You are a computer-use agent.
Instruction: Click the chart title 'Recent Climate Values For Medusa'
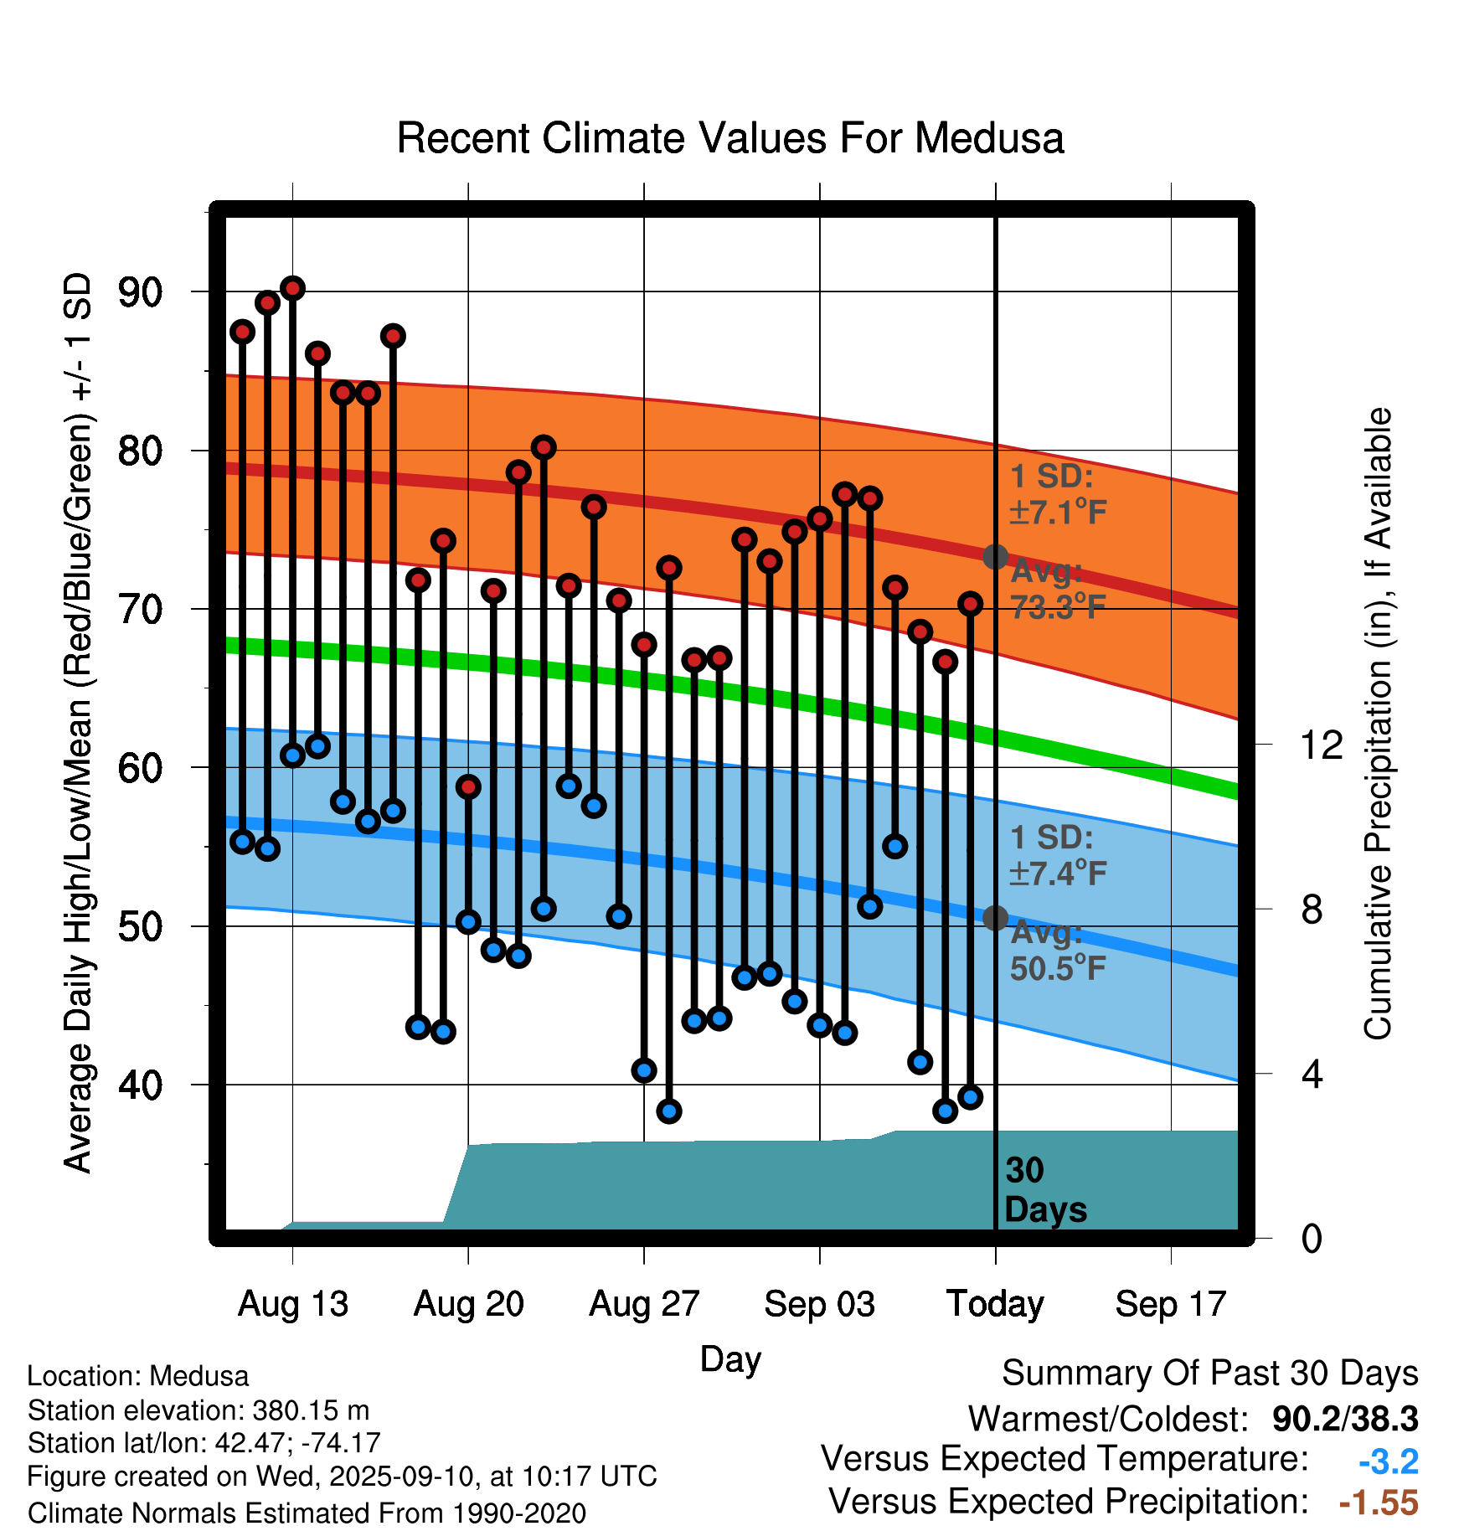tap(730, 138)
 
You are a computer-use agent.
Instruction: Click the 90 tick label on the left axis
tap(140, 292)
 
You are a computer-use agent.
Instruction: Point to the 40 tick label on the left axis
tap(140, 1085)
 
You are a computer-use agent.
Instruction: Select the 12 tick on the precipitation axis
tap(1321, 745)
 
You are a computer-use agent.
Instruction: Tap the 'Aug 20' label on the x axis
tap(468, 1304)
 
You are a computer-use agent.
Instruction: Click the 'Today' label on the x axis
tap(995, 1304)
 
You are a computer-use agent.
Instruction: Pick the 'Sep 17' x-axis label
tap(1170, 1304)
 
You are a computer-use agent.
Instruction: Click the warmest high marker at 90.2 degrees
tap(292, 288)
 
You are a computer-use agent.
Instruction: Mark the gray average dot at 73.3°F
tap(995, 556)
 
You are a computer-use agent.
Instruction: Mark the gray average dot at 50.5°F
tap(995, 918)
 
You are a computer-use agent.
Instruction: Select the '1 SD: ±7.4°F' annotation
tap(1058, 855)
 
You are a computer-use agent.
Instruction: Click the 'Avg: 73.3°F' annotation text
tap(1058, 589)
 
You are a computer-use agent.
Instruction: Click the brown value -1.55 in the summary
tap(1379, 1503)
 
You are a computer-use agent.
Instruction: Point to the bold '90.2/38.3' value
tap(1344, 1419)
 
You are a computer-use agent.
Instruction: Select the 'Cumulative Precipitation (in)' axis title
tap(1378, 724)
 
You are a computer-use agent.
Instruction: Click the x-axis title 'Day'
tap(730, 1359)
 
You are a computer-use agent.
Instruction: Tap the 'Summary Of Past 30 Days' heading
tap(1209, 1374)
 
